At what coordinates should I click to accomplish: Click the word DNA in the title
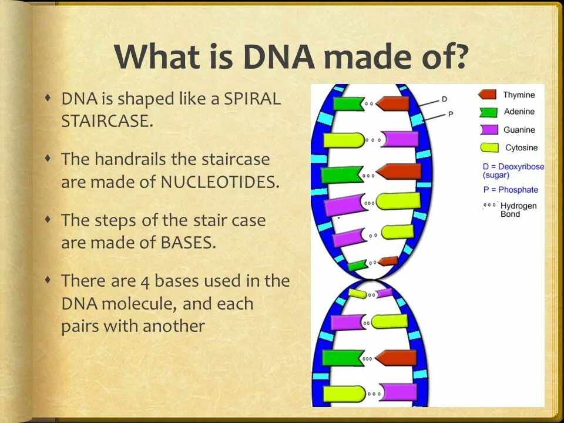tap(278, 56)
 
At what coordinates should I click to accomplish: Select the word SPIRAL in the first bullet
tap(252, 99)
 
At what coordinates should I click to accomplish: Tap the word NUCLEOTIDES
tap(220, 182)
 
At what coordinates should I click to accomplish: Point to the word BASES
tap(188, 243)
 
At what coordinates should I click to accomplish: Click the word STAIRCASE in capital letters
tap(107, 121)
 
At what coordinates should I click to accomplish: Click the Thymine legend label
tap(519, 95)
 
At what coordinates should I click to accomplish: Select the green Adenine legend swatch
tap(488, 112)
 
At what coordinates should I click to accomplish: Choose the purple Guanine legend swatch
tap(489, 129)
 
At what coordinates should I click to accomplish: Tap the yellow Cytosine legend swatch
tap(489, 147)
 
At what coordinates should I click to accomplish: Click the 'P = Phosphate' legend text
tap(511, 190)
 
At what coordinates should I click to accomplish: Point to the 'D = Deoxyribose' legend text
tap(513, 167)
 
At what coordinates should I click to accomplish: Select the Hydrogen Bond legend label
tap(518, 210)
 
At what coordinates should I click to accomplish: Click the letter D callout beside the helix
tap(444, 99)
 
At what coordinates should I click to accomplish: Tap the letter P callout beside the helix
tap(451, 115)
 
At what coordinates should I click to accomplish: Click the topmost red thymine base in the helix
tap(392, 103)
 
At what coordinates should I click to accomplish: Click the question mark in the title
tap(457, 56)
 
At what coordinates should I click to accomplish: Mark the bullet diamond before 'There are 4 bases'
tap(48, 280)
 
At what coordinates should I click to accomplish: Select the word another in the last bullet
tap(174, 326)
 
